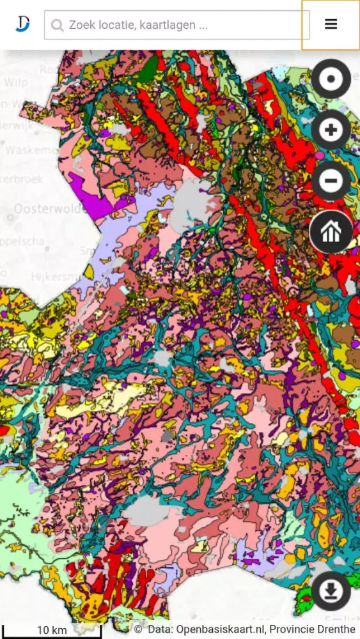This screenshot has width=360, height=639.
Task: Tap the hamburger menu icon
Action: (x=331, y=24)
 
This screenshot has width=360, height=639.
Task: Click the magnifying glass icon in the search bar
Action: (x=58, y=26)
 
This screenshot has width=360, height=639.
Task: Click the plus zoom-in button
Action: (x=331, y=130)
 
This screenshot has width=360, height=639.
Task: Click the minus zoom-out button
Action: (x=331, y=181)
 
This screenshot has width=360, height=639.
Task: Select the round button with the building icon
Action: (x=331, y=232)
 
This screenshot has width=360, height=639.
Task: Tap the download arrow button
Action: (x=331, y=591)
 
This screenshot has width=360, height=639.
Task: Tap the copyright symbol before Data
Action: (x=138, y=630)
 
